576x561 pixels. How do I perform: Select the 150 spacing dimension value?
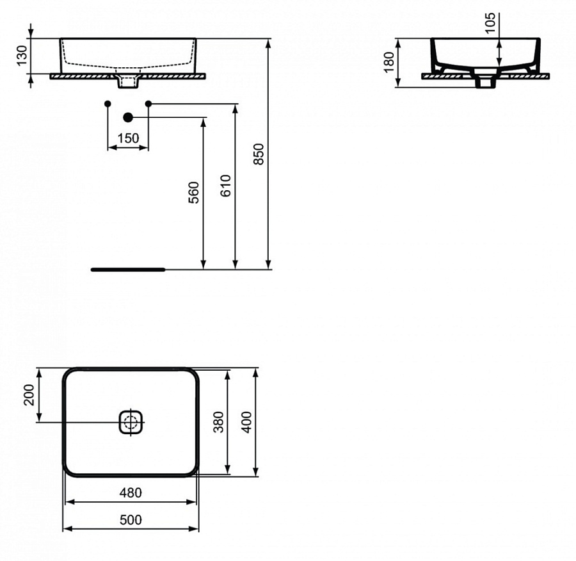coord(128,138)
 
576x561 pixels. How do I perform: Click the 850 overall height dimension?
coord(259,154)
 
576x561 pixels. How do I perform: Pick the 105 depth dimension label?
coord(491,22)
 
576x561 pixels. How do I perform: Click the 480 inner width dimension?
coord(131,492)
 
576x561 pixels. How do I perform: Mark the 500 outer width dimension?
coord(131,520)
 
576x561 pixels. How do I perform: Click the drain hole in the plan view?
coord(131,422)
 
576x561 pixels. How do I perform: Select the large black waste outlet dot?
coord(128,117)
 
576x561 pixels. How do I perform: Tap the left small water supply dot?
coord(108,103)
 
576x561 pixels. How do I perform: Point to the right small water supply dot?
coord(148,103)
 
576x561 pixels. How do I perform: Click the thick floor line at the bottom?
coord(128,270)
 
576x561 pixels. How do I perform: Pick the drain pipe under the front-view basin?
coord(128,82)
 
